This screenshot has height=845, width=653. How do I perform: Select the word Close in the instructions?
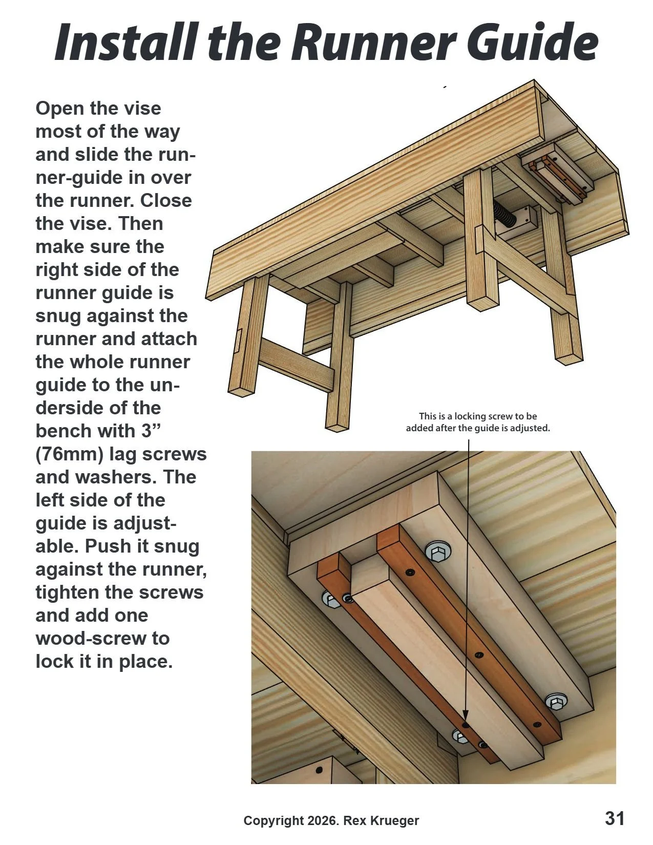point(165,201)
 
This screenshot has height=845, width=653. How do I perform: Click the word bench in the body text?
point(60,431)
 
